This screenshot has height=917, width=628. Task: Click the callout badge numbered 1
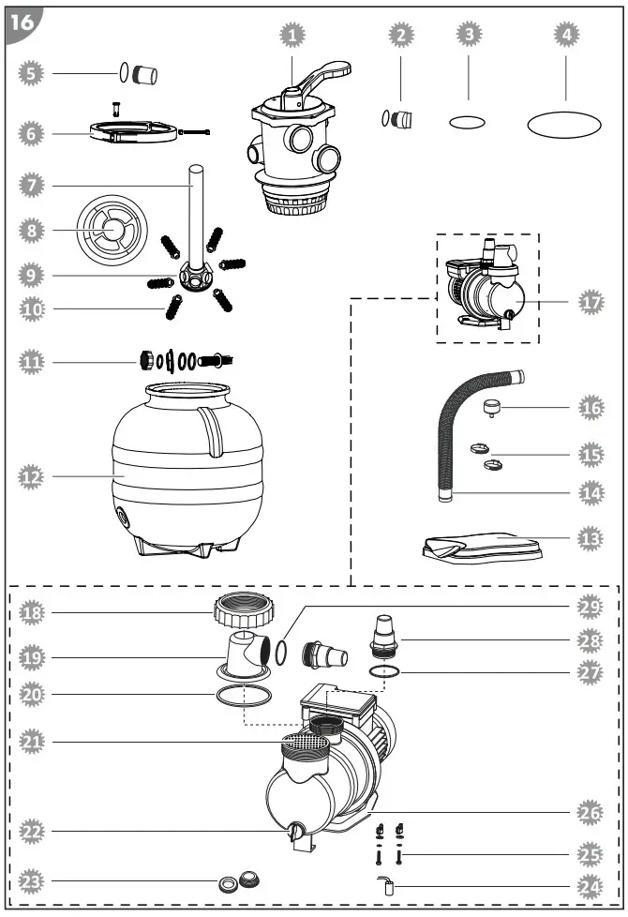pyautogui.click(x=293, y=35)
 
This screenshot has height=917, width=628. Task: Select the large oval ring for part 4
pyautogui.click(x=564, y=123)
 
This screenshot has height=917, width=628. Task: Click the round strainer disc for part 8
pyautogui.click(x=112, y=229)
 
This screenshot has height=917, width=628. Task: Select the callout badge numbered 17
pyautogui.click(x=591, y=302)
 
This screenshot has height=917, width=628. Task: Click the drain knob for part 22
pyautogui.click(x=296, y=831)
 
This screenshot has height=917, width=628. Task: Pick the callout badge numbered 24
pyautogui.click(x=591, y=886)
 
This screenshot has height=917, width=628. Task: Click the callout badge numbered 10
pyautogui.click(x=32, y=308)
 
